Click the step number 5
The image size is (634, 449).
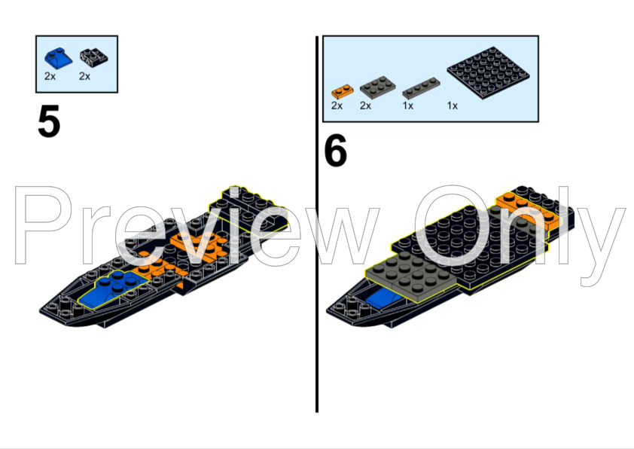[x=49, y=121]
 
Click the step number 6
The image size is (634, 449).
[x=336, y=151]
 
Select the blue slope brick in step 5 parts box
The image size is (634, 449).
[x=58, y=58]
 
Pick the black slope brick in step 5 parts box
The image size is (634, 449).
[x=93, y=58]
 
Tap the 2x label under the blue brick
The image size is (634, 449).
[x=50, y=76]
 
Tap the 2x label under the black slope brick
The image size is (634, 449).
[x=84, y=76]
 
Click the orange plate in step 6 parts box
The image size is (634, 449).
[x=343, y=92]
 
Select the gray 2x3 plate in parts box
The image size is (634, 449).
[x=378, y=87]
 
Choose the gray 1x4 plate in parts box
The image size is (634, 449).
[x=421, y=88]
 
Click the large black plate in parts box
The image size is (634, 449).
[x=488, y=73]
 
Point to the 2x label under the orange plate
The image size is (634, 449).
[x=337, y=105]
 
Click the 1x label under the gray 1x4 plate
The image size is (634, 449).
[x=407, y=105]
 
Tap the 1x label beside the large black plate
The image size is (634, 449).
[x=452, y=105]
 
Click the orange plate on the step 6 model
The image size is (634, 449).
[x=528, y=209]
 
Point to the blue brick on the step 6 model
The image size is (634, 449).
[x=383, y=299]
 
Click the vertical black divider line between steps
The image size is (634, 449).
[x=317, y=224]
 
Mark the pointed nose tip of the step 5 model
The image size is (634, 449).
[x=41, y=310]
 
